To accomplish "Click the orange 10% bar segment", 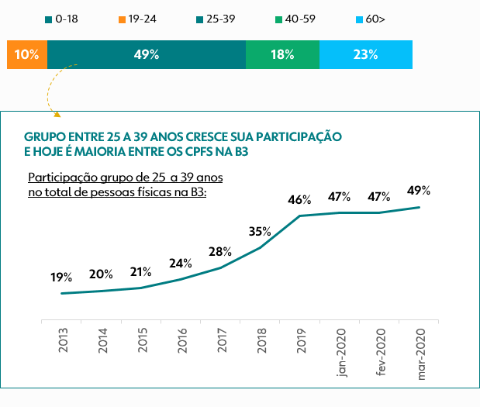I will (27, 55).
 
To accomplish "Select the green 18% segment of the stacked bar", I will (282, 55).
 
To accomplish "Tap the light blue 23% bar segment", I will (365, 55).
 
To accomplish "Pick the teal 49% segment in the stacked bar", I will (146, 55).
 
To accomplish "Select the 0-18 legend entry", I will (63, 18).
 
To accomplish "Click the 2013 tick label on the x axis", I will (63, 342).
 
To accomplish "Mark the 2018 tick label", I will (262, 342).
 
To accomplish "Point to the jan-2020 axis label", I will (342, 354).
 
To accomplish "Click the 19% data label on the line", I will (61, 277).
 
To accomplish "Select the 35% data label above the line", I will (260, 231).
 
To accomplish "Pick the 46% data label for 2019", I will (299, 199).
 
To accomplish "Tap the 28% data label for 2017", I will (220, 251).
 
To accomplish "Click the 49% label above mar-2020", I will (419, 191).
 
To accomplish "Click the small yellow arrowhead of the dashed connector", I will (57, 115).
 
